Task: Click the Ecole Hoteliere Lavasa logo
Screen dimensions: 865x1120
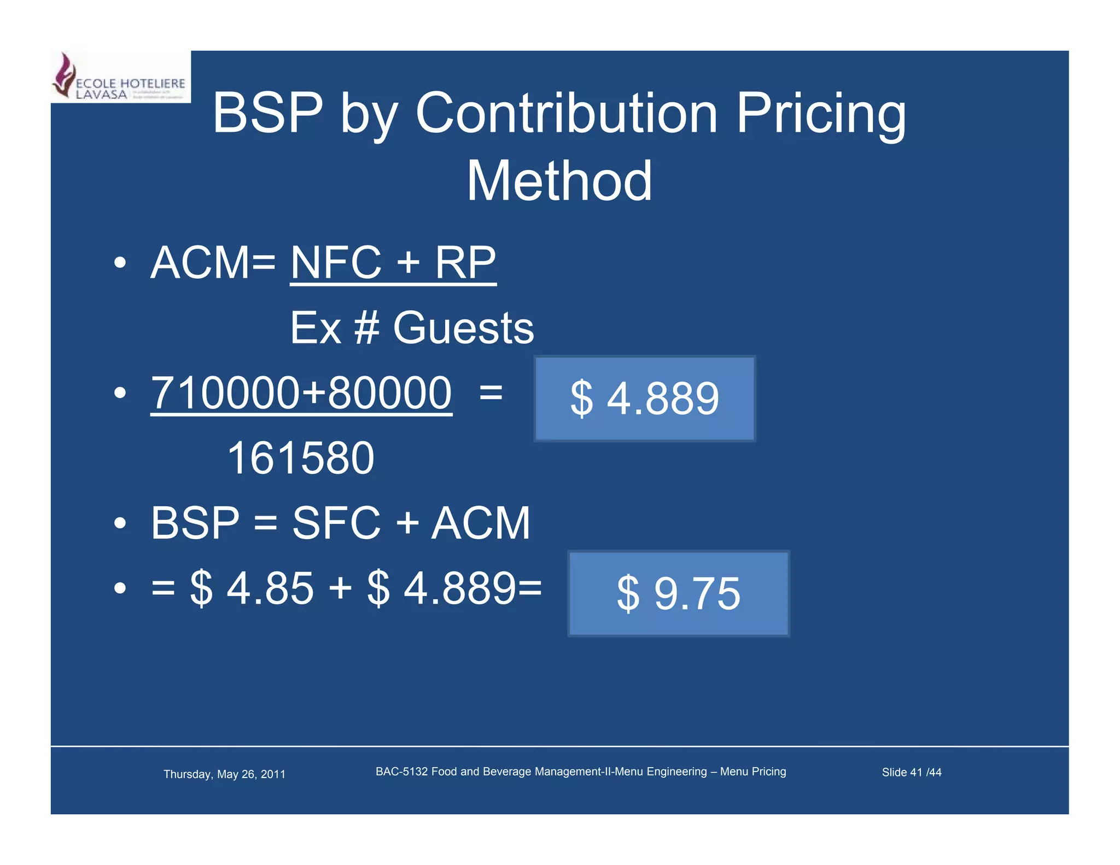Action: click(x=120, y=77)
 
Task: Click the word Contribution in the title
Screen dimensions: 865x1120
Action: click(x=566, y=113)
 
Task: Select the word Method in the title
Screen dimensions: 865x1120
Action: click(x=559, y=181)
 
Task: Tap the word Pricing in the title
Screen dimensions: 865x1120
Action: click(x=821, y=113)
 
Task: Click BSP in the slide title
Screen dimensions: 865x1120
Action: click(x=267, y=113)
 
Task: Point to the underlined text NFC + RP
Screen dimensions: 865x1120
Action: click(x=393, y=263)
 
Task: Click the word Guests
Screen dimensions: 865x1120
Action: click(x=463, y=328)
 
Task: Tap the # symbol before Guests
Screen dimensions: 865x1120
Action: click(x=366, y=328)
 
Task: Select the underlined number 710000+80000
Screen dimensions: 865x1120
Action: click(x=301, y=393)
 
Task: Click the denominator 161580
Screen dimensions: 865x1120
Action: click(x=301, y=458)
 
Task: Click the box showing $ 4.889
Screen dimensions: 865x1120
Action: click(x=645, y=399)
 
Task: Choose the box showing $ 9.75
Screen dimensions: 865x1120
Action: click(x=679, y=593)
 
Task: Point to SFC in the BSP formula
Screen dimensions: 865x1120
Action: click(x=336, y=523)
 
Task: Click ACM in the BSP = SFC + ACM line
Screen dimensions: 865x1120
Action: click(x=481, y=523)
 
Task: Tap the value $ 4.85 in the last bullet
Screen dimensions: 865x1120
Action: click(x=252, y=588)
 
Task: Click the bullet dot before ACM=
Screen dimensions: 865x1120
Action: click(x=120, y=263)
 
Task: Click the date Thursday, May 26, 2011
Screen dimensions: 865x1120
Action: click(x=224, y=774)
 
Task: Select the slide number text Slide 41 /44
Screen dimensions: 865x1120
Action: click(x=911, y=773)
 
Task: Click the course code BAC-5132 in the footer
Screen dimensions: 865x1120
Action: click(x=401, y=772)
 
